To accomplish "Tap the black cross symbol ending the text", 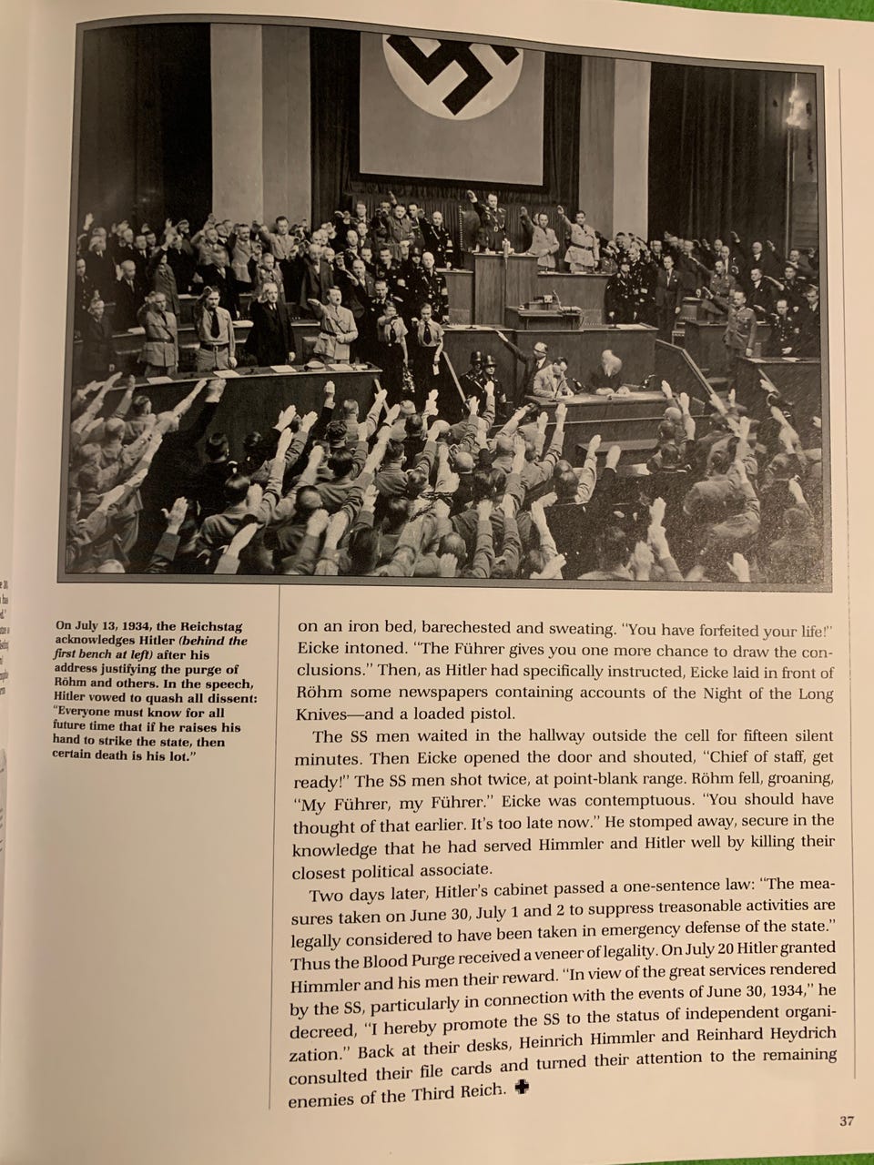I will click(x=523, y=1090).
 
